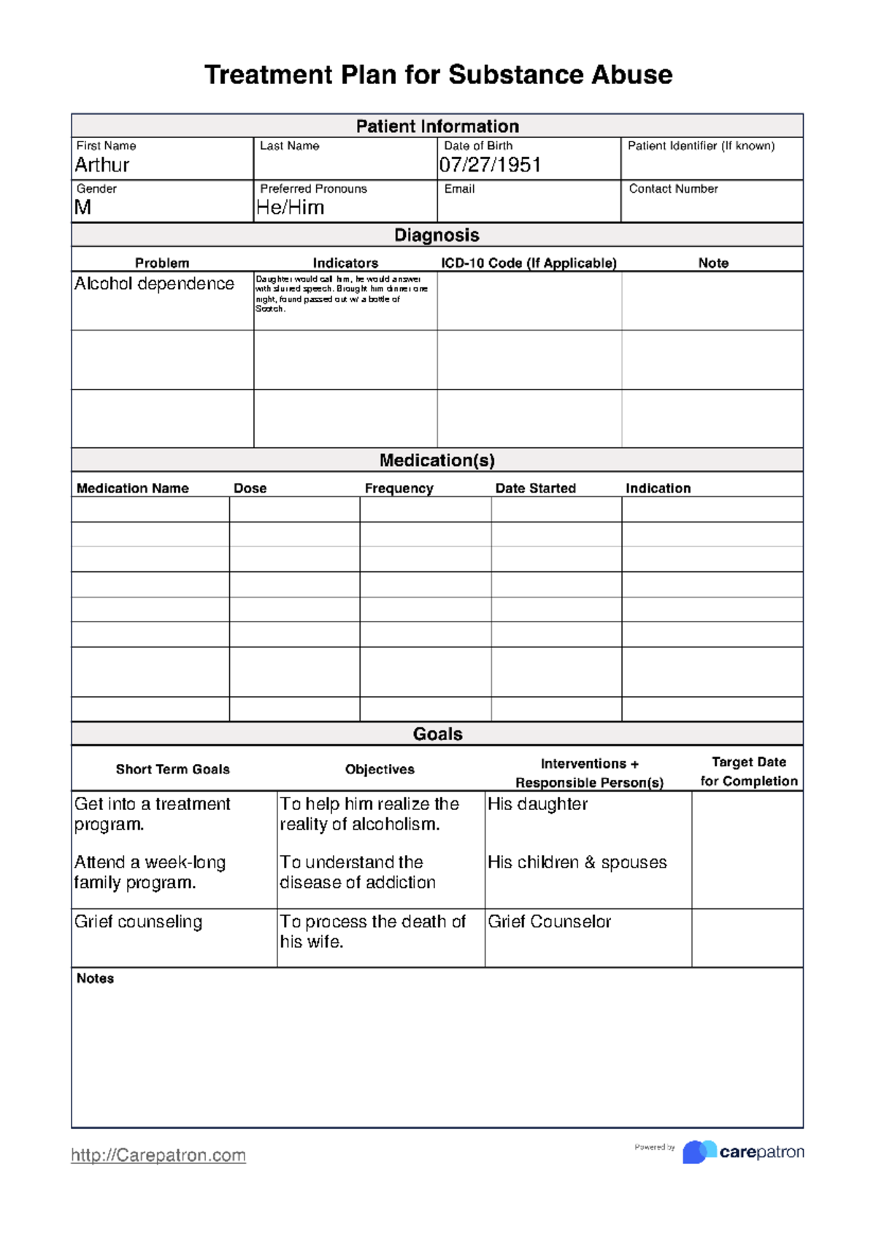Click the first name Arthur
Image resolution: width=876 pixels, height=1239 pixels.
[x=102, y=166]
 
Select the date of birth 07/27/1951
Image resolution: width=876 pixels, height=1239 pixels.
[x=490, y=166]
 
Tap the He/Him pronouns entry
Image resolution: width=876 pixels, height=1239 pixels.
[x=290, y=208]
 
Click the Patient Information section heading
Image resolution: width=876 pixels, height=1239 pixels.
[x=437, y=126]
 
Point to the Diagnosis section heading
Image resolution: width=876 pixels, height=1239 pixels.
[x=437, y=235]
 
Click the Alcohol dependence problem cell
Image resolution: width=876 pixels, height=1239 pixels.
[x=154, y=284]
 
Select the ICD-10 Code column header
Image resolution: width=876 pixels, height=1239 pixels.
[x=529, y=263]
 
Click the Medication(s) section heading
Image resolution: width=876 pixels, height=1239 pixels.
[x=437, y=460]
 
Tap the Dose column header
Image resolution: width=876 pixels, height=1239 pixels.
[x=250, y=488]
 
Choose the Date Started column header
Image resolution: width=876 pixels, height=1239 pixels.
[x=535, y=488]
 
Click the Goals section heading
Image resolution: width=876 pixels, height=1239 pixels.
[x=437, y=734]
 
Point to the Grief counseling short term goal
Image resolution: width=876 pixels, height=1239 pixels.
[x=138, y=922]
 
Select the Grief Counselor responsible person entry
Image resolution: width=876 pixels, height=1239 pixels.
[x=549, y=922]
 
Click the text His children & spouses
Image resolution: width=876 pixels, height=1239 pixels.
[x=577, y=862]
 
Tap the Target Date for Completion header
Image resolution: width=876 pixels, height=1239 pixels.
[x=748, y=771]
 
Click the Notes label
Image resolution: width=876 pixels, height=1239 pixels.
[x=95, y=979]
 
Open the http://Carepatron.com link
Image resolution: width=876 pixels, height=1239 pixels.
[x=158, y=1155]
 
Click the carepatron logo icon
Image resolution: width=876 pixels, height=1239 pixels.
[x=699, y=1151]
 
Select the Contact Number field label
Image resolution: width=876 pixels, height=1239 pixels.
[x=673, y=189]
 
